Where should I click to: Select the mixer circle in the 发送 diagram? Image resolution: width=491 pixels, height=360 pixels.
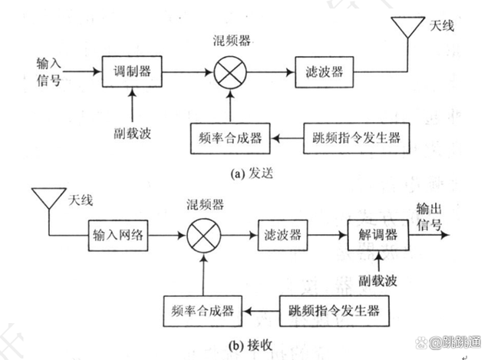point(227,73)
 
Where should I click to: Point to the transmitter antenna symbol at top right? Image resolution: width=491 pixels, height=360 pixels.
point(405,29)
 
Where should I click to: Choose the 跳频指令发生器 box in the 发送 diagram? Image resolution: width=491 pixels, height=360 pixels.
point(354,138)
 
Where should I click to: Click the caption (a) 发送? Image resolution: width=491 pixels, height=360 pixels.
point(253,173)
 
